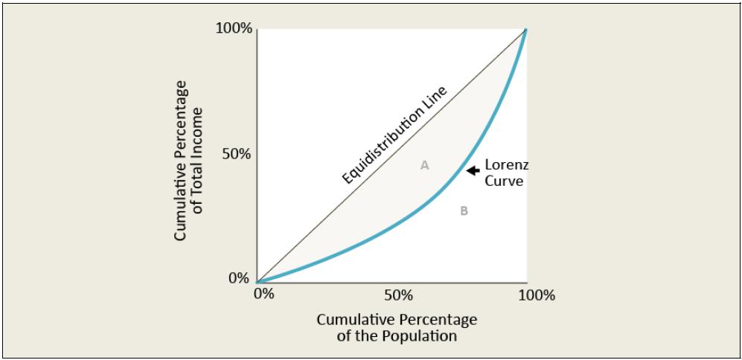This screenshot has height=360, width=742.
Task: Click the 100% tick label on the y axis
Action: point(234,29)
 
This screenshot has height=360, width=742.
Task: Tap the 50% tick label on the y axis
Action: point(237,155)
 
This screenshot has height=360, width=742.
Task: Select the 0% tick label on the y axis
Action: point(239,279)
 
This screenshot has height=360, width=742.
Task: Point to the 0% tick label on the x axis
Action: point(263,295)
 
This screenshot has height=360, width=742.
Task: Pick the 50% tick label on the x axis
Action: point(398,295)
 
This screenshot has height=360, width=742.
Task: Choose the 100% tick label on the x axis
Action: point(537,295)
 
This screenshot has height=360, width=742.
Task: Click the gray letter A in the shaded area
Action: point(424,165)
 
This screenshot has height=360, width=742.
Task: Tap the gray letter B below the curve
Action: point(464,210)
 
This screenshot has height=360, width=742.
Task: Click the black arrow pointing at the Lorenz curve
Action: point(473,170)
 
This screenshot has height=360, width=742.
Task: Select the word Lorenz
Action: point(506,164)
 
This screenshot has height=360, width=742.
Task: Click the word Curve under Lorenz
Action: point(504,181)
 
